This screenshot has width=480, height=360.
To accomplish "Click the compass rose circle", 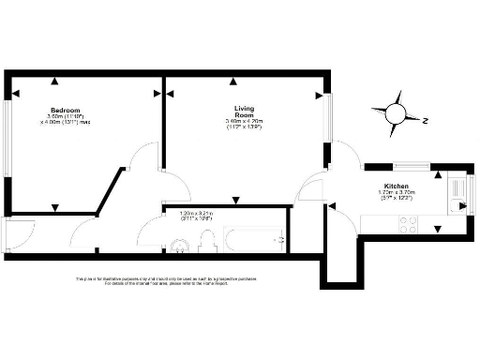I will (396, 115).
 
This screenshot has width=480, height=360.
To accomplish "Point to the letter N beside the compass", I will (424, 120).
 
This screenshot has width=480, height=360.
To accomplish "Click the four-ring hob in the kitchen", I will (410, 225).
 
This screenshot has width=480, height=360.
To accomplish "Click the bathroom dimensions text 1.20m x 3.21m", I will (197, 215).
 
